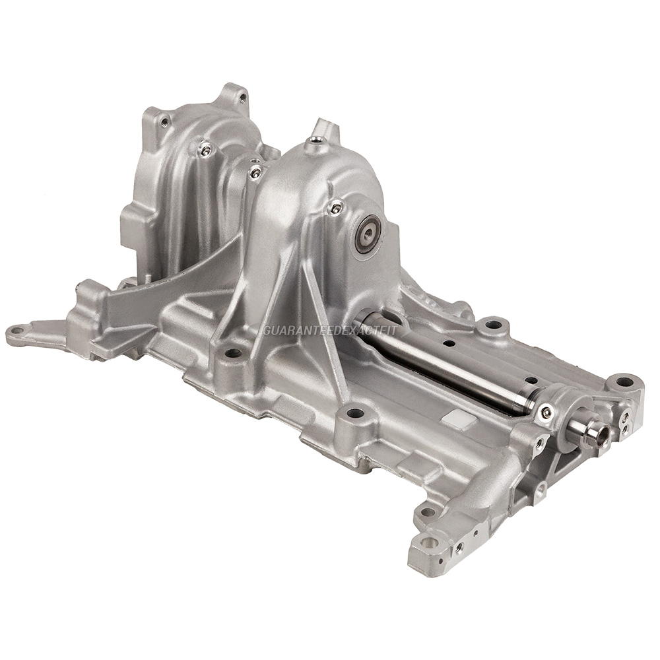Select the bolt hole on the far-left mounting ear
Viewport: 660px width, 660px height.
(18, 331)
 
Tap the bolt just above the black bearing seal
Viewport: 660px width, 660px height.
(336, 209)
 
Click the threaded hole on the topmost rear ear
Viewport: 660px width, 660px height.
(242, 98)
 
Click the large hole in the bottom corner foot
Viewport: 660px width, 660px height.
(430, 543)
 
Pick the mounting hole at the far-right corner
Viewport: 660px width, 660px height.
(624, 381)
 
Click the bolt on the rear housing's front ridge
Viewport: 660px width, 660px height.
(205, 151)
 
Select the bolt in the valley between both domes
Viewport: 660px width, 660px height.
(255, 173)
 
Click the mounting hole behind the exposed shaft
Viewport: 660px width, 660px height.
(492, 325)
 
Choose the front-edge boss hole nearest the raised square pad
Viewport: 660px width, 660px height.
(355, 413)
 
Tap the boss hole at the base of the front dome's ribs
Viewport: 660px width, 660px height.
(232, 353)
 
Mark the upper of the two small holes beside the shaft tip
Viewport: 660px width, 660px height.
(624, 418)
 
